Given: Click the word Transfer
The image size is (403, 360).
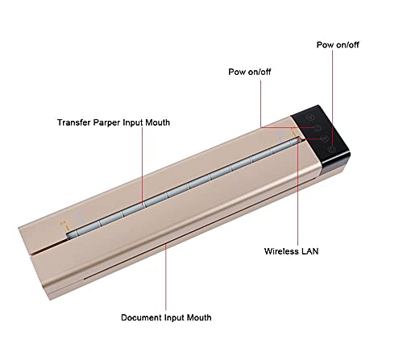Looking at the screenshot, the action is (x=73, y=122).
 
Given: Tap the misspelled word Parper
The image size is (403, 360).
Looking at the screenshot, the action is (x=106, y=122).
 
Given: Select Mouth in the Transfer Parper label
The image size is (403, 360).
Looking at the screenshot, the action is (x=158, y=122).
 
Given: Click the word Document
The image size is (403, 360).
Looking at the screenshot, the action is (x=141, y=317).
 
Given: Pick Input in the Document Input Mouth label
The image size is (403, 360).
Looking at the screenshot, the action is (x=174, y=318).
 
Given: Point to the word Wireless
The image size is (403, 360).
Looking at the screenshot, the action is (x=281, y=251).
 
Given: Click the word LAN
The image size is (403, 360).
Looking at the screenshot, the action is (x=310, y=251).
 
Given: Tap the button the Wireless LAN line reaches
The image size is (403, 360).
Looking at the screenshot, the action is (x=325, y=139).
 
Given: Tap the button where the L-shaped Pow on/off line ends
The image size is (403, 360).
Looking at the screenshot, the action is (x=318, y=127).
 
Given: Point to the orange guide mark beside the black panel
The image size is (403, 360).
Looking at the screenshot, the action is (x=293, y=131).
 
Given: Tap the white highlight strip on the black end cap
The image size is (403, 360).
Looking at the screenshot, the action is (x=336, y=161).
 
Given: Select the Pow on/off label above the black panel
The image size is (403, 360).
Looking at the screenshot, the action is (x=338, y=45).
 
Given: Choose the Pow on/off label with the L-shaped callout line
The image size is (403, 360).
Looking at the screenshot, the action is (x=250, y=72).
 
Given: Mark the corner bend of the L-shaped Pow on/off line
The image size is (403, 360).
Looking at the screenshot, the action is (x=260, y=127).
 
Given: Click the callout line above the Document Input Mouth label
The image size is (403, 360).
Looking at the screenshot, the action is (x=166, y=277).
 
